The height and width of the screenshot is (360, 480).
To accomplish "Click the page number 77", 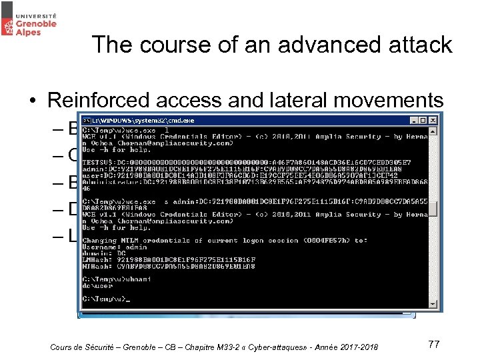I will [x=434, y=344].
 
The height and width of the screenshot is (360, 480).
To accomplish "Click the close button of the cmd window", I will [x=433, y=120].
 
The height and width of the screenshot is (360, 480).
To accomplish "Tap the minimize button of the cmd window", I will [x=414, y=120].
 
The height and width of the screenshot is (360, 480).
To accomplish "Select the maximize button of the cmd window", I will [x=423, y=120].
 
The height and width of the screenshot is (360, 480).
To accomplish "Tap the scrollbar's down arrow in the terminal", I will [x=433, y=304].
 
